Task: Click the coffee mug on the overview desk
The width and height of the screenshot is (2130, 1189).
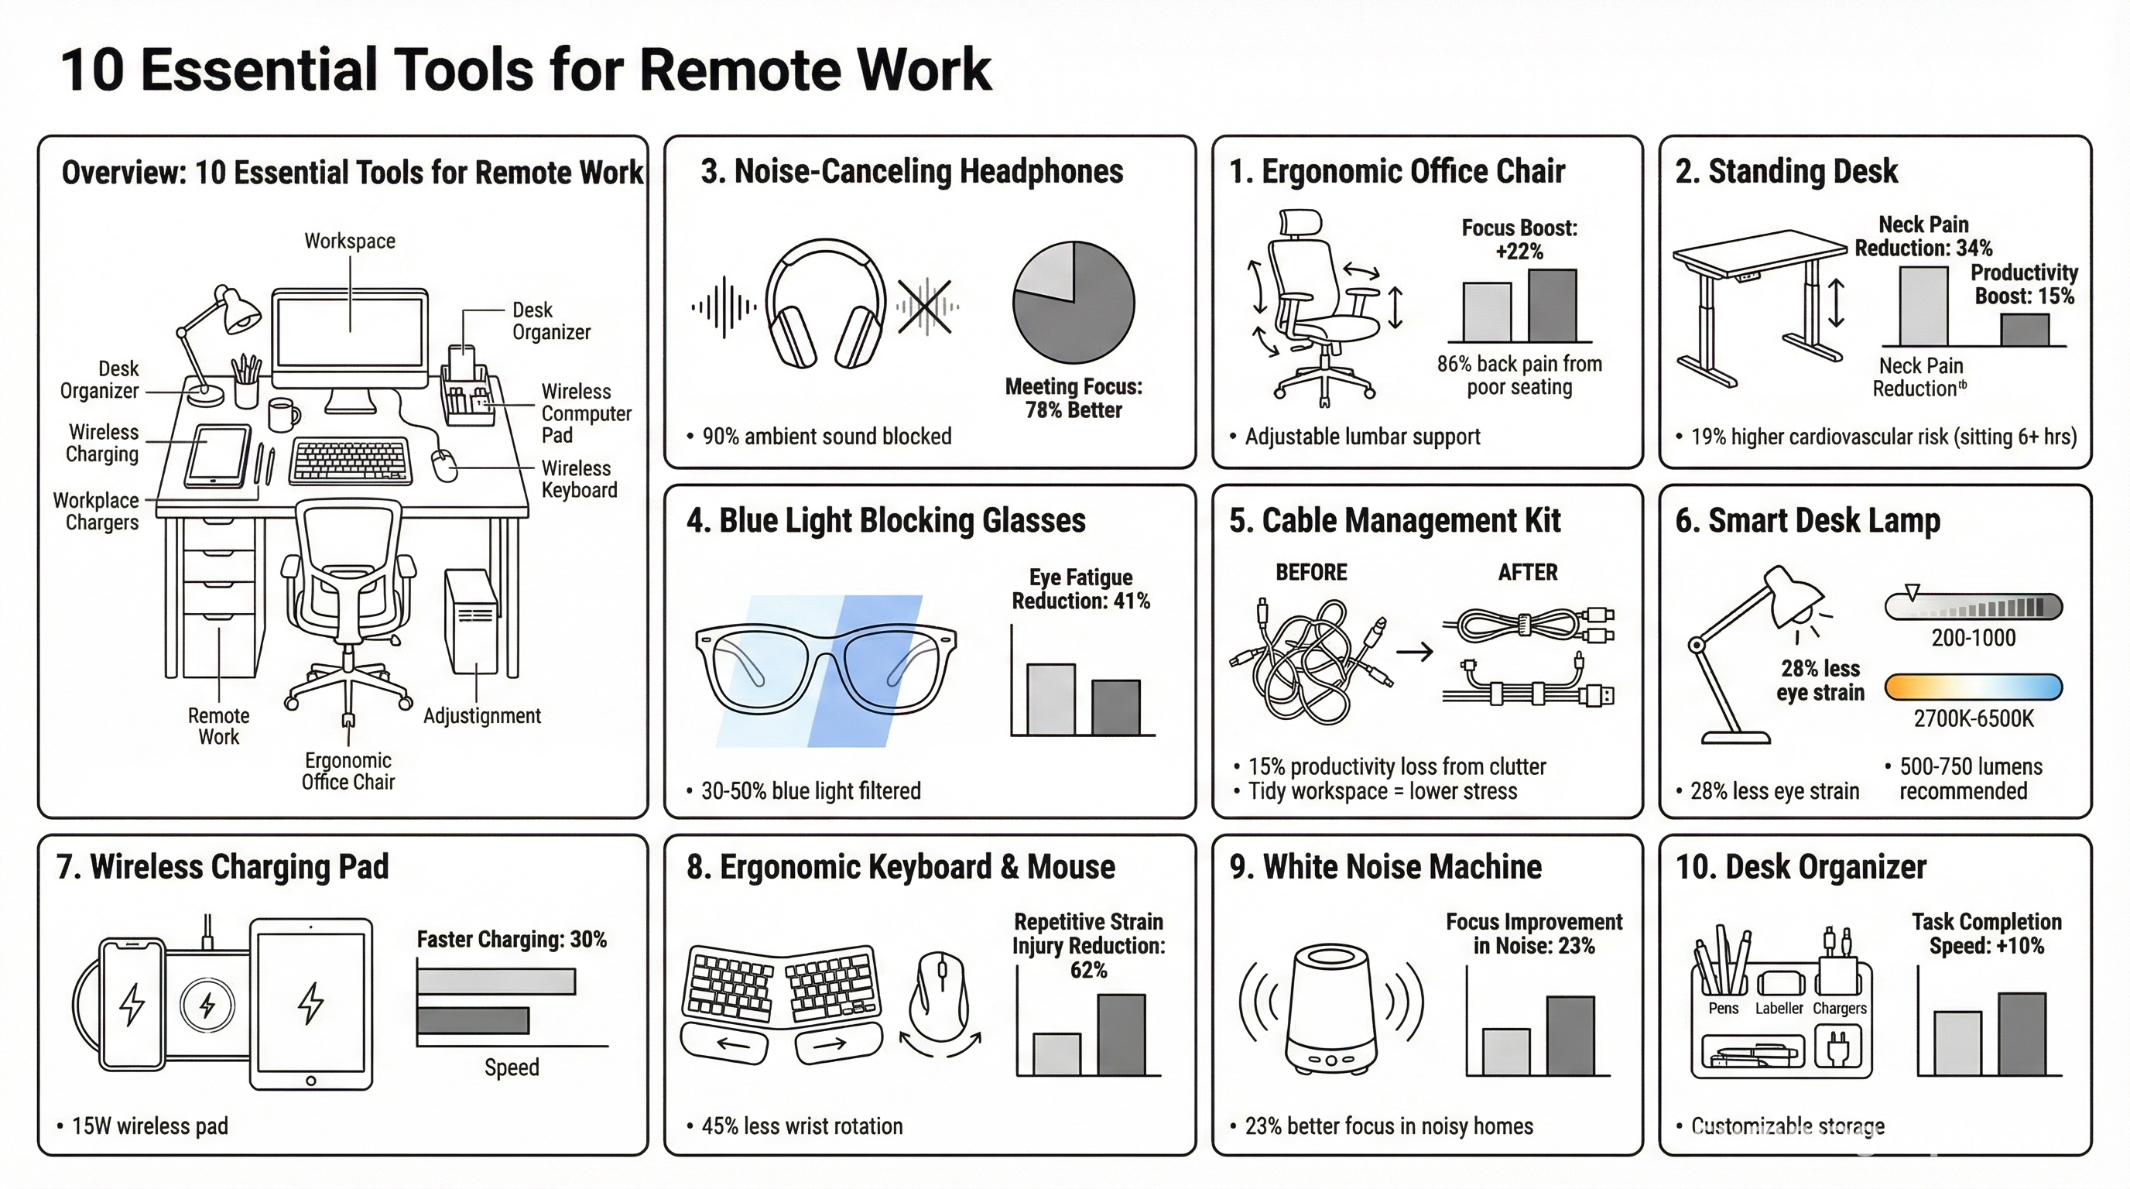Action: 283,415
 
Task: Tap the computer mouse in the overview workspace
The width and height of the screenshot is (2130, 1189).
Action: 446,465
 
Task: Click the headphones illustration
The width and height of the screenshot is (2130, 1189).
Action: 824,304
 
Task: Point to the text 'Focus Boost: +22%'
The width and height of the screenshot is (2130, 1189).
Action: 1519,239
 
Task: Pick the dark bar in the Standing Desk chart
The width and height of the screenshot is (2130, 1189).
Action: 2024,330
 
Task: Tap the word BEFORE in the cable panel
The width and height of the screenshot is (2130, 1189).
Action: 1310,572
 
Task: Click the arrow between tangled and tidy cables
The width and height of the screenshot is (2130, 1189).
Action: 1414,653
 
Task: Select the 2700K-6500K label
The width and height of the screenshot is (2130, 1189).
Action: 1973,718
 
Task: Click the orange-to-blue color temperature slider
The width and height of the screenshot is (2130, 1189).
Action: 1973,687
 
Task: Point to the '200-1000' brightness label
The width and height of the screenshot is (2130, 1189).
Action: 1973,638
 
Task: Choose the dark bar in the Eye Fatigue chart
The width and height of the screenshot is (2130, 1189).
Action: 1115,707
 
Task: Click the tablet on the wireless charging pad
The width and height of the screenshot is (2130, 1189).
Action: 311,1004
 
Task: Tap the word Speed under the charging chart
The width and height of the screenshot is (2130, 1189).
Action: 512,1067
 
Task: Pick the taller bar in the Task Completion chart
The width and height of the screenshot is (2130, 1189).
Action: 2022,1034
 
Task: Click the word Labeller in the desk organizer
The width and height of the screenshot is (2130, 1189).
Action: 1779,1008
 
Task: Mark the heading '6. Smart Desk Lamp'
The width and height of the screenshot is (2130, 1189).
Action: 1807,521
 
